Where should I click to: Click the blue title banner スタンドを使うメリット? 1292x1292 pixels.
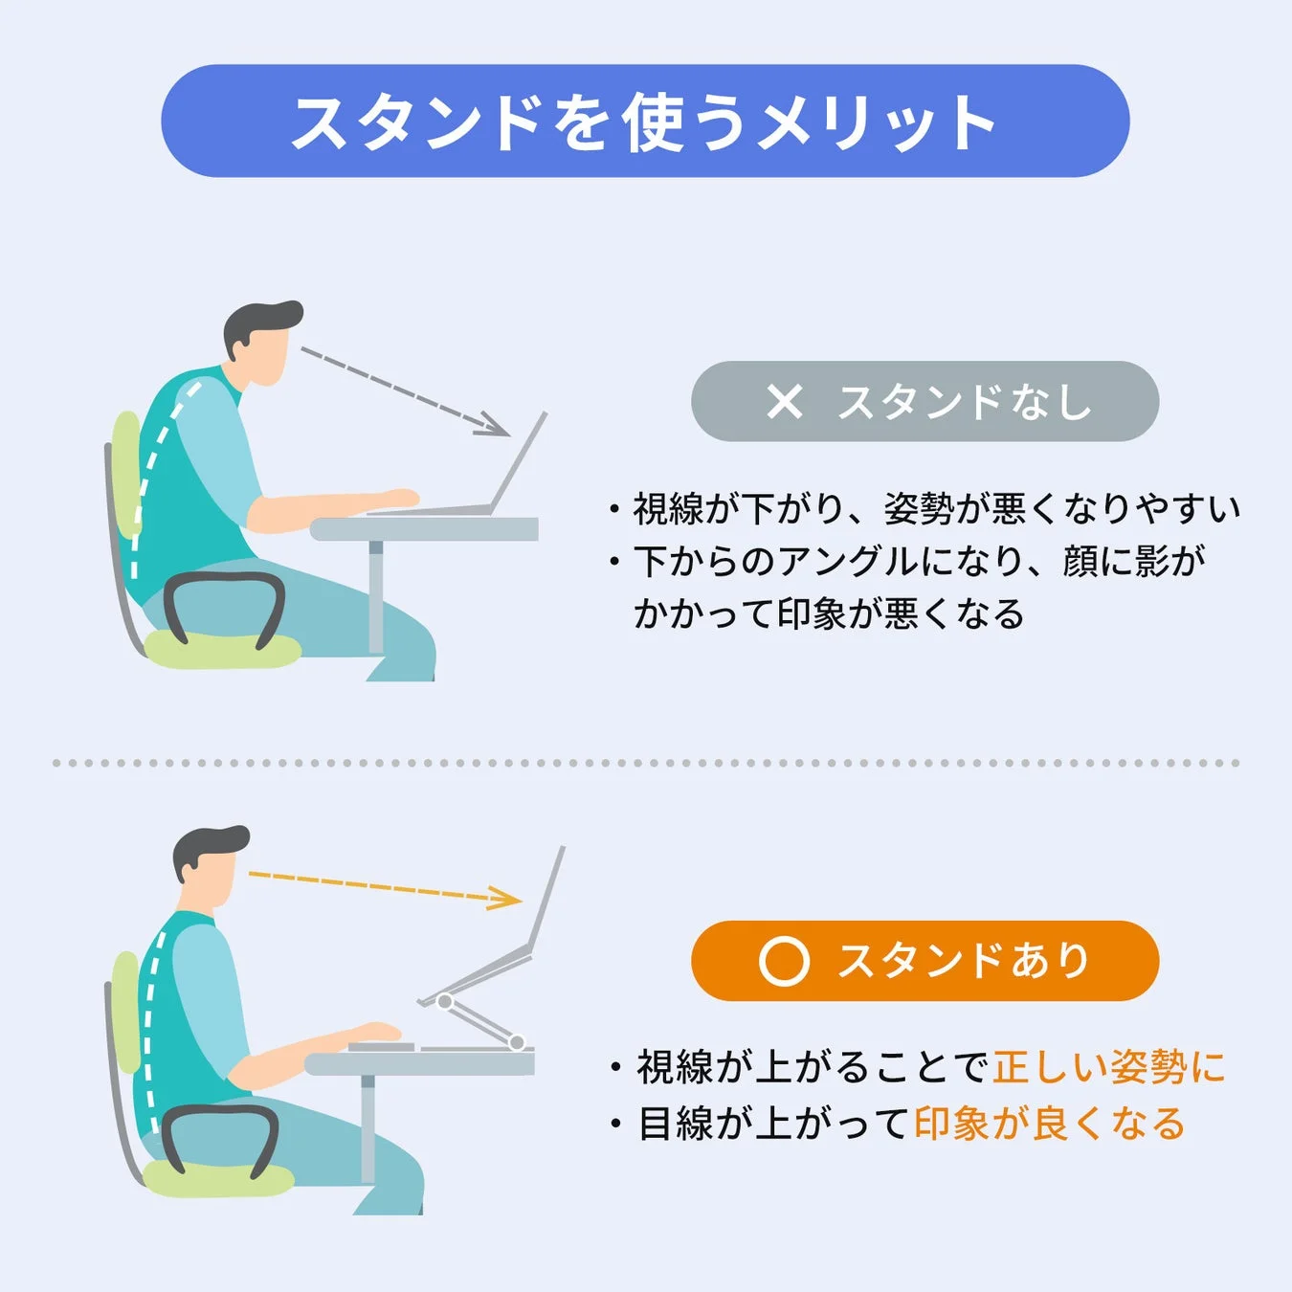[x=645, y=122]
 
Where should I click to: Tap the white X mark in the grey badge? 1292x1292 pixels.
[x=785, y=402]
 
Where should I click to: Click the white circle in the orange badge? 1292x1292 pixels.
[x=784, y=961]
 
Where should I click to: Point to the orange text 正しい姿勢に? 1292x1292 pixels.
[x=1109, y=1067]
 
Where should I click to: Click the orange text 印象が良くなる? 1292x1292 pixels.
[x=1050, y=1124]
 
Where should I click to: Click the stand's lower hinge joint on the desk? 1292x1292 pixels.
[x=517, y=1041]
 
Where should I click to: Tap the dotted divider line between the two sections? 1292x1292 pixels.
[x=645, y=763]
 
